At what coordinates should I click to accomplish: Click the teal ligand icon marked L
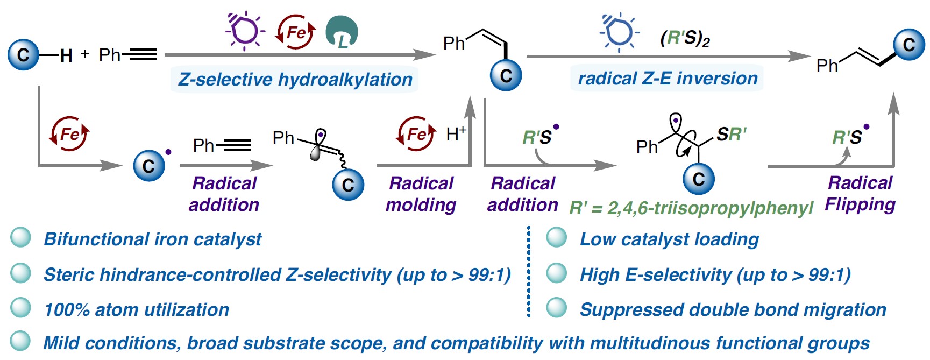(342, 32)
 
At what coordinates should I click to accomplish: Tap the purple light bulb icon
(245, 30)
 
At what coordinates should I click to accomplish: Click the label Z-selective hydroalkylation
(295, 79)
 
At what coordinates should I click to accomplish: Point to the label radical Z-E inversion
(667, 79)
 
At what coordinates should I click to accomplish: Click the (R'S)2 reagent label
(685, 39)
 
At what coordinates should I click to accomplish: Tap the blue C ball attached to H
(23, 55)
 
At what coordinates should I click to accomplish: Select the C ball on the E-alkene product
(908, 45)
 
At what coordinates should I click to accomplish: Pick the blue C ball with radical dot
(149, 166)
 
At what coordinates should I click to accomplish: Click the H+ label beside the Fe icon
(456, 134)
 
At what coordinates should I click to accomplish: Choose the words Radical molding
(421, 194)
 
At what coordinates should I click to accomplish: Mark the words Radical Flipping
(860, 193)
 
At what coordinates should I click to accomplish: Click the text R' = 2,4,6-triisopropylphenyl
(691, 208)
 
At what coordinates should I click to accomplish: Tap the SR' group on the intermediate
(731, 134)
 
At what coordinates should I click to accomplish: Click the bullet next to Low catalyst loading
(556, 238)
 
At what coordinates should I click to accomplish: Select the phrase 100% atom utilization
(137, 310)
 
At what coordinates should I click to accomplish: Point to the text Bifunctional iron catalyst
(152, 239)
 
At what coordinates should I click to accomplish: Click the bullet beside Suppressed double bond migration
(556, 308)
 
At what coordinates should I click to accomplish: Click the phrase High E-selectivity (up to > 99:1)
(715, 275)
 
